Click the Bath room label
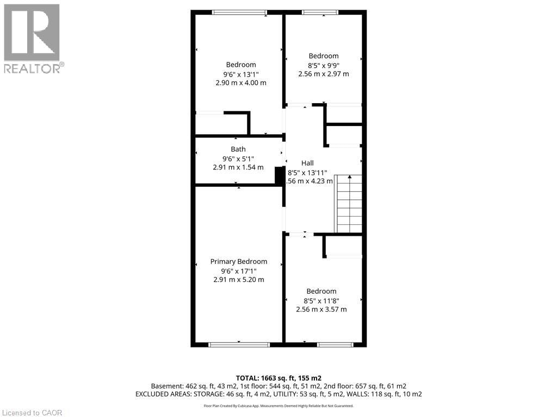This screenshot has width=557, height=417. click(x=238, y=149)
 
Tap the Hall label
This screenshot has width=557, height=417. click(x=307, y=163)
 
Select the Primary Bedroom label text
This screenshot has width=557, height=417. click(x=239, y=262)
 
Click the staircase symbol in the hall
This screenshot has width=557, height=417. click(x=349, y=204)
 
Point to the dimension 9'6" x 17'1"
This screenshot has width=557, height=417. click(x=239, y=270)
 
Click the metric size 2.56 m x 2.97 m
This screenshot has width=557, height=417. click(x=324, y=74)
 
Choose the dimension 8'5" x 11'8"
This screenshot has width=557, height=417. click(x=321, y=300)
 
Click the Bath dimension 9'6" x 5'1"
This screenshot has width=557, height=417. click(x=238, y=158)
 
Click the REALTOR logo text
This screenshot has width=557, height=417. click(x=32, y=68)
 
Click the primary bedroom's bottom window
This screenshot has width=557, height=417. click(x=239, y=344)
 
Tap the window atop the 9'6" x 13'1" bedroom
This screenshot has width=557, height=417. click(x=239, y=12)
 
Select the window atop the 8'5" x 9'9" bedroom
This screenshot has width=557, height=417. click(x=320, y=12)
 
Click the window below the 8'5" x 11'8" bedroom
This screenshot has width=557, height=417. click(x=336, y=344)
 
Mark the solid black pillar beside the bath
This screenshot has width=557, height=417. click(x=280, y=176)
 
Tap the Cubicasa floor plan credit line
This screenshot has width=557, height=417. click(x=278, y=406)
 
